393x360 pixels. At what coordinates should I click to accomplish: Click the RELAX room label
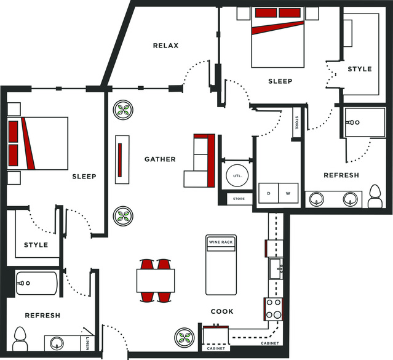coord(165,46)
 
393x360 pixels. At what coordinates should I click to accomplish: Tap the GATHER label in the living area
coord(160,159)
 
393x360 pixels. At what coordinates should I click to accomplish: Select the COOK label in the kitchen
coord(222,311)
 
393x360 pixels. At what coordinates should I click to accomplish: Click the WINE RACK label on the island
coord(221,242)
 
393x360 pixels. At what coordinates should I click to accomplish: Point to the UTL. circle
coord(237,175)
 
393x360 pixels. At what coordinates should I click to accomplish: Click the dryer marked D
coord(268,193)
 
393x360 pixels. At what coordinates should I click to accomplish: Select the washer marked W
coord(288,193)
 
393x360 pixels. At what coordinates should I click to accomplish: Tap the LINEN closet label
coord(87,343)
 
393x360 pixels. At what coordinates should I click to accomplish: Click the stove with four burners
coord(274,309)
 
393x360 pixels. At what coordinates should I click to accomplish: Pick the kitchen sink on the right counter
coord(276,269)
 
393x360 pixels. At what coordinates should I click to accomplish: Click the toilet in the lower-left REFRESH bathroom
coord(20,339)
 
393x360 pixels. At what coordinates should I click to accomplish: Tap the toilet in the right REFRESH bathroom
coord(375,196)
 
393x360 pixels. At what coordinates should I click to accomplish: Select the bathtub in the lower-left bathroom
coord(36,283)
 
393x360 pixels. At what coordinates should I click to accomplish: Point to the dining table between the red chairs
coord(156,281)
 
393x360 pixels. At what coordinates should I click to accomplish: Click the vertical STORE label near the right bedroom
coord(297,122)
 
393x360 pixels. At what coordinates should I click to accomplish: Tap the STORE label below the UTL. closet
coord(239,199)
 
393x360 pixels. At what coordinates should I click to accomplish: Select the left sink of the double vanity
coord(316,199)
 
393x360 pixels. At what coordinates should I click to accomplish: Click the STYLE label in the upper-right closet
coord(360,69)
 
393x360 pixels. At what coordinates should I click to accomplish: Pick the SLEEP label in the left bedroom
coord(84,177)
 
